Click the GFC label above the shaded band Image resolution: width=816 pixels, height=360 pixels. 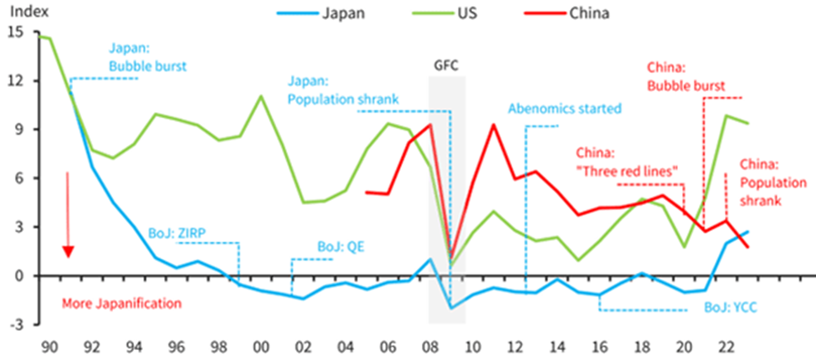[x=447, y=64]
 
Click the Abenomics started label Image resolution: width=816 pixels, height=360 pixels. [x=565, y=109]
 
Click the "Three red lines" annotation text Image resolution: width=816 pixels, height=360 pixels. [x=626, y=171]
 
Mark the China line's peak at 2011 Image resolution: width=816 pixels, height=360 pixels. [x=493, y=125]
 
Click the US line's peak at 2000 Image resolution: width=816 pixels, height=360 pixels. [x=261, y=96]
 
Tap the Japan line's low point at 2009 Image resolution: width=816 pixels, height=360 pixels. [x=451, y=308]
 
